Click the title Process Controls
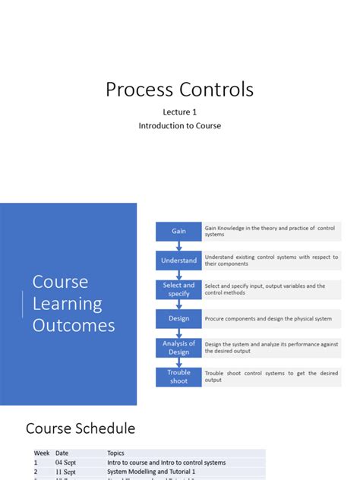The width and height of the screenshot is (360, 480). (179, 90)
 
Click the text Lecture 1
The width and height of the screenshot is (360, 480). (179, 112)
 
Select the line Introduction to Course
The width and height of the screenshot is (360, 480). (179, 125)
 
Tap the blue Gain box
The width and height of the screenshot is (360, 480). (178, 231)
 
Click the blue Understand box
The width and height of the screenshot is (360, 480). (178, 261)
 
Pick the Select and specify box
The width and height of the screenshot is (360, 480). (178, 289)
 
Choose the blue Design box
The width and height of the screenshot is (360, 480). (178, 319)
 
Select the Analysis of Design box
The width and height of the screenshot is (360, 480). (178, 348)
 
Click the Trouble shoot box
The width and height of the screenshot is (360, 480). (178, 377)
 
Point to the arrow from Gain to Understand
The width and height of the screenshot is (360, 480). (179, 245)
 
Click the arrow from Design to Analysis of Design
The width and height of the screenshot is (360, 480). (179, 333)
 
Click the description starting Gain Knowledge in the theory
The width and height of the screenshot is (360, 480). (269, 231)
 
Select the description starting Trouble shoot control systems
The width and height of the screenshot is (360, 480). (270, 377)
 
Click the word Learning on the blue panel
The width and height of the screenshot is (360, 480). (67, 304)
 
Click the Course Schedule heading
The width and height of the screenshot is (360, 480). (81, 428)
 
